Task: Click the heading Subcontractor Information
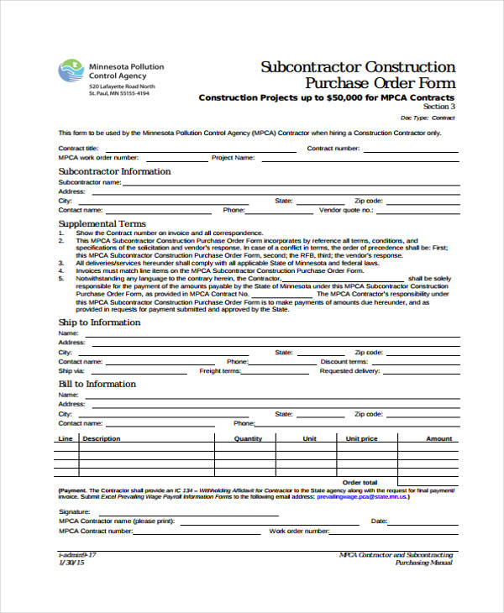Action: (x=114, y=171)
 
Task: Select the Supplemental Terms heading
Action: (x=102, y=224)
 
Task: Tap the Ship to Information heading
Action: (x=99, y=322)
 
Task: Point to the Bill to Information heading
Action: (x=97, y=384)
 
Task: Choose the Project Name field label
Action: (x=233, y=157)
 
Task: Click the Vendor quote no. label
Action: (x=344, y=210)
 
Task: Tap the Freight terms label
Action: (x=220, y=370)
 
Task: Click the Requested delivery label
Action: (x=350, y=370)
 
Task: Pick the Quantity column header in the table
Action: (x=248, y=438)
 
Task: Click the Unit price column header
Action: (x=361, y=438)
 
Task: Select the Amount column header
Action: (x=438, y=438)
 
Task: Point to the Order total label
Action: (x=360, y=482)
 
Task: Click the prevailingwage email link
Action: (x=362, y=497)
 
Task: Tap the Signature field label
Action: (x=74, y=511)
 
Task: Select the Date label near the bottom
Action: (x=378, y=521)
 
